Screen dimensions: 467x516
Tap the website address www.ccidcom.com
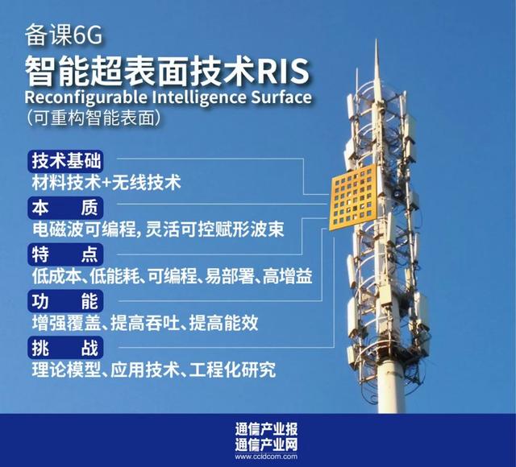[x=258, y=457]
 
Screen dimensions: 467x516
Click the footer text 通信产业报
[x=258, y=428]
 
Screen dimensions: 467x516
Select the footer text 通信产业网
[x=258, y=444]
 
